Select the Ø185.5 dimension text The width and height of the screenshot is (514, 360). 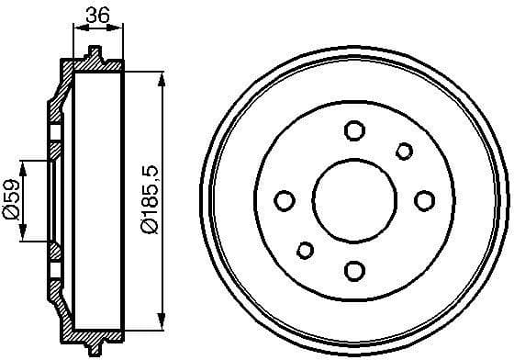144,198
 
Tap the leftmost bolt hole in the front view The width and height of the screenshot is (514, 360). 285,200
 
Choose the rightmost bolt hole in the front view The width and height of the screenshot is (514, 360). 424,200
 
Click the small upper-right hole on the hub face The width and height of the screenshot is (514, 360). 403,151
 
